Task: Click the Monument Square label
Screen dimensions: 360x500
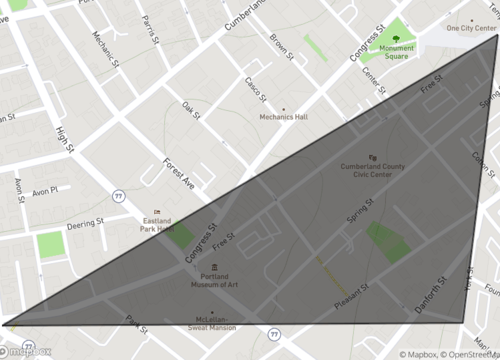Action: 398,51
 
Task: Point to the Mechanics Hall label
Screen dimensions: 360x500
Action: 284,118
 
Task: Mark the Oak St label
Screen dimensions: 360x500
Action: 190,110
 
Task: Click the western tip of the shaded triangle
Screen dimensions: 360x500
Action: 4,324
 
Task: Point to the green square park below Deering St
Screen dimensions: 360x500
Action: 50,246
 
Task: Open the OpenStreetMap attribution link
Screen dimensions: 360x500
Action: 459,353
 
